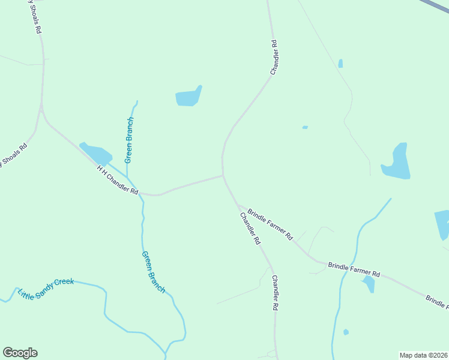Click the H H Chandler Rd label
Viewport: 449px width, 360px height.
point(118,181)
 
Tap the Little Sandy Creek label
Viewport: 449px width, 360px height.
point(46,288)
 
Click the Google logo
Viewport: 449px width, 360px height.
point(20,353)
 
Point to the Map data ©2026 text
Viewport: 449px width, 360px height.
point(423,355)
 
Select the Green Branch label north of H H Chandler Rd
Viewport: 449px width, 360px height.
point(129,140)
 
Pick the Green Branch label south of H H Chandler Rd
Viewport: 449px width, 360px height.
point(153,271)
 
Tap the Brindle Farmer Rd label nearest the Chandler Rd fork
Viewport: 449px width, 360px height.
point(270,224)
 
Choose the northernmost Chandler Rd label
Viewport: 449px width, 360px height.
point(274,57)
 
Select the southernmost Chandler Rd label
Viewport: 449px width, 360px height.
point(274,292)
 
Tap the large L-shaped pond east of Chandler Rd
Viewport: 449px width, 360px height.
point(397,163)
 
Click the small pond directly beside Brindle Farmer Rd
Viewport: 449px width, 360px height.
point(369,283)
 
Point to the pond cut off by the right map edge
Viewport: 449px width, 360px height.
point(442,224)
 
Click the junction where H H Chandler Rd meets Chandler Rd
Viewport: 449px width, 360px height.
point(223,176)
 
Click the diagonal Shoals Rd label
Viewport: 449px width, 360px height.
point(13,155)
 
